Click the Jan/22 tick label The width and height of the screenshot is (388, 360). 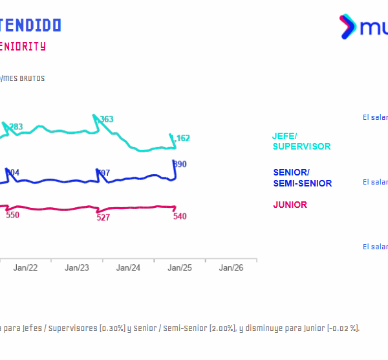(25, 267)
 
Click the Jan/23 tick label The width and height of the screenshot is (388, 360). (77, 267)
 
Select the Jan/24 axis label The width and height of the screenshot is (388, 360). (129, 267)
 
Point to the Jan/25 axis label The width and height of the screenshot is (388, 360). (180, 267)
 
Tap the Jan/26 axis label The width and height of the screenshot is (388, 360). (231, 267)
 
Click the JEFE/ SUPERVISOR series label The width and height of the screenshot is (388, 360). (301, 141)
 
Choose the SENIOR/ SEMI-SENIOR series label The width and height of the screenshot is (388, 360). (302, 177)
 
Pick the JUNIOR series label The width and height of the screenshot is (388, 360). (290, 205)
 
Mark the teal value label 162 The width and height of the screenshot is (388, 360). (183, 138)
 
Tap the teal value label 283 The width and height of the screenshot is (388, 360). (16, 126)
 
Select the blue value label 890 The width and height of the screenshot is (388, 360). (180, 164)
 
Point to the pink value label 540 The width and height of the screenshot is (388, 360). (180, 216)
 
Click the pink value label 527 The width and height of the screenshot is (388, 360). (103, 218)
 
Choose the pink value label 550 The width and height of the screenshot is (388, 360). (12, 215)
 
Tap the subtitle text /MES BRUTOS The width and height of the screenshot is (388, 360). (23, 78)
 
